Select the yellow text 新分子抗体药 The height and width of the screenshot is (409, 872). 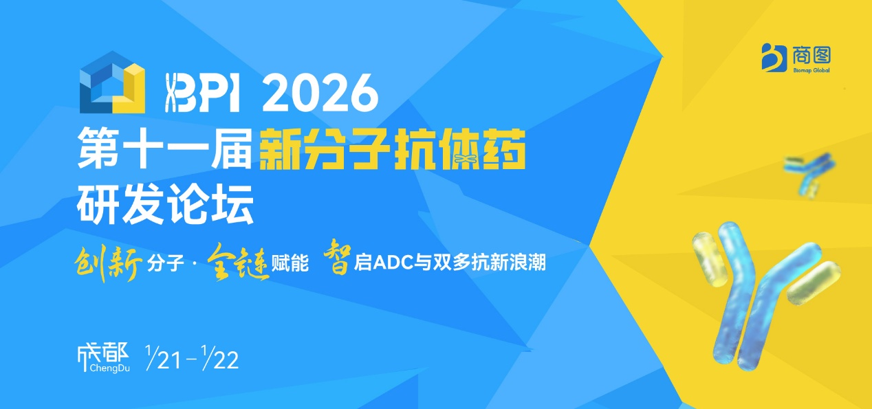pos(392,153)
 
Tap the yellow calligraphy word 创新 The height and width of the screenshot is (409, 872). pos(109,260)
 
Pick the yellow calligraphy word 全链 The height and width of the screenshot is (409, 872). pos(240,260)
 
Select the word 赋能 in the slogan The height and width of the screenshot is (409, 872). pos(290,263)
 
